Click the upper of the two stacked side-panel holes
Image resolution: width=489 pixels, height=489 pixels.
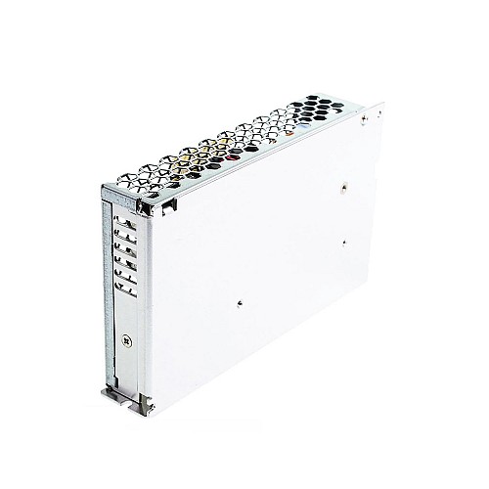tap(347, 181)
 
